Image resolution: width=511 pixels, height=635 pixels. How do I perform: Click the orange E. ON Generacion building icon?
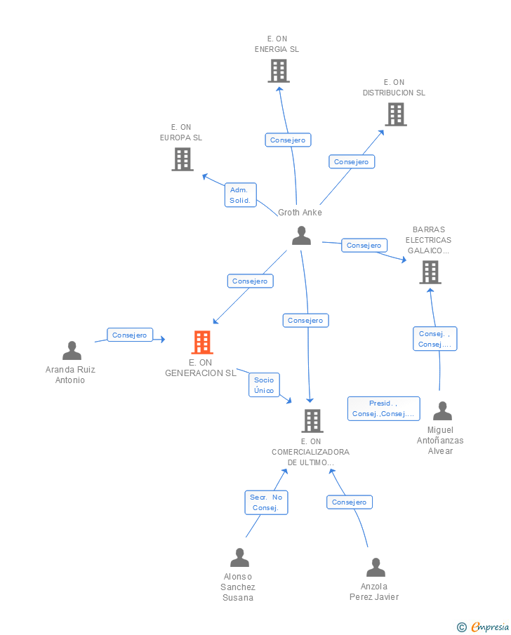point(202,342)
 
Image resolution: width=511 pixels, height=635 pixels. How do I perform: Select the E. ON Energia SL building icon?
point(279,71)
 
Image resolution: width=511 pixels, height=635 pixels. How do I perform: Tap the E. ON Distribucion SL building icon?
point(396,114)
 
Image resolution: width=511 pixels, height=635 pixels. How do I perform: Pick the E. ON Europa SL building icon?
point(182,159)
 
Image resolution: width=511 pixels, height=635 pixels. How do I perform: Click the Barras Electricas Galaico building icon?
point(430,272)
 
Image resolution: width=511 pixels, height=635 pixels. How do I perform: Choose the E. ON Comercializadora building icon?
point(312,421)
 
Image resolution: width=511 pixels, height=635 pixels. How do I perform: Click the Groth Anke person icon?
point(302,236)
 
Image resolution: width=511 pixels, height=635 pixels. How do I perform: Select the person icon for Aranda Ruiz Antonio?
point(72,351)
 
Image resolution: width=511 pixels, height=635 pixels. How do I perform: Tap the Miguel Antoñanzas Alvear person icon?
point(442,411)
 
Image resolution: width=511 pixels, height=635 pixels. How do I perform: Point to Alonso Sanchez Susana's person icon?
point(240,558)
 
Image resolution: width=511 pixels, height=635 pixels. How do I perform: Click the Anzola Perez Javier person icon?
point(376,568)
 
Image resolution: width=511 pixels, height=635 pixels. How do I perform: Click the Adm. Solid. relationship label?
point(241,195)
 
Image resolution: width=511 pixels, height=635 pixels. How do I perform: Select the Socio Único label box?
point(264,385)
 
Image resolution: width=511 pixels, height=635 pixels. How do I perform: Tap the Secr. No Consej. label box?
point(266,502)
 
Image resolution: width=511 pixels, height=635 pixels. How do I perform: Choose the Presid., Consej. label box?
point(384,408)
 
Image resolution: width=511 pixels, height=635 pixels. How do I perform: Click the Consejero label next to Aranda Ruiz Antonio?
point(130,335)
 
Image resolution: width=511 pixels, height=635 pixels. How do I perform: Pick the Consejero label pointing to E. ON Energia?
point(288,140)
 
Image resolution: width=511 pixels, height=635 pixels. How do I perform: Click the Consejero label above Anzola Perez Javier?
point(350,502)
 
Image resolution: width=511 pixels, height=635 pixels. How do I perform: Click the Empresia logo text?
point(490,627)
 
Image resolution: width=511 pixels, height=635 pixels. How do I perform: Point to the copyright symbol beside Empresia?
point(462,627)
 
